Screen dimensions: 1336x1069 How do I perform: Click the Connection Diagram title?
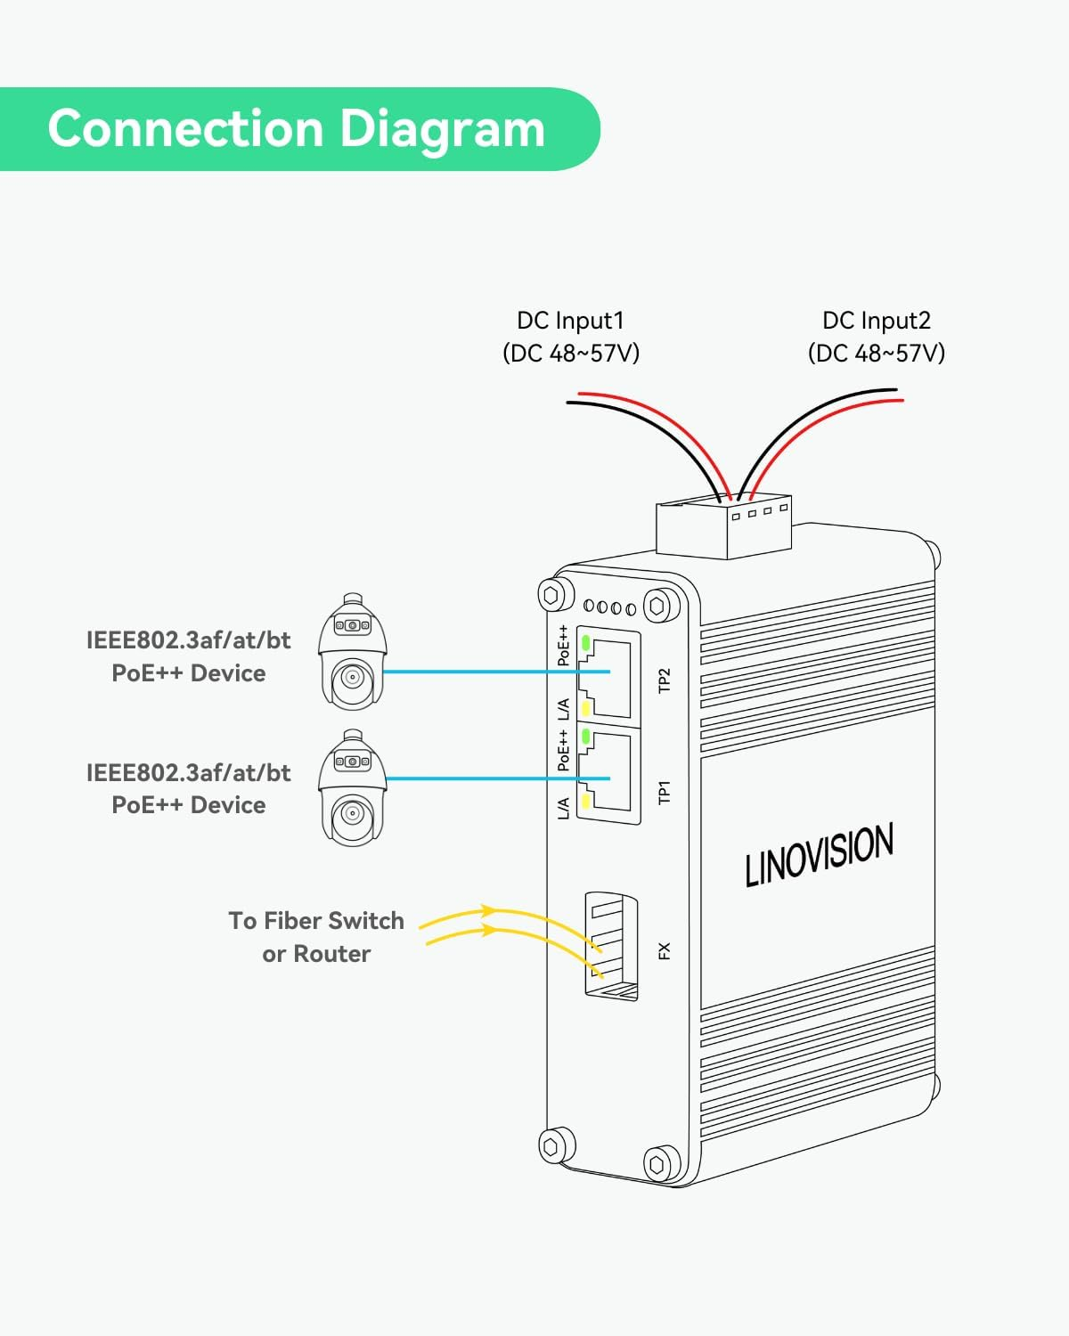tap(296, 128)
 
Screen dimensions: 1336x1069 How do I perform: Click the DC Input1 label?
tap(570, 321)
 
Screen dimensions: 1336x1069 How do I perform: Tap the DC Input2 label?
tap(876, 321)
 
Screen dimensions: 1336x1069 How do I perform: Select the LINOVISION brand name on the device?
tap(819, 854)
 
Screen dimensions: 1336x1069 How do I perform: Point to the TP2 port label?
tap(664, 680)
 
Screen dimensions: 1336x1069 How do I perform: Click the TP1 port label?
tap(664, 792)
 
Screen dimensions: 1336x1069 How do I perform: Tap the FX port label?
tap(664, 951)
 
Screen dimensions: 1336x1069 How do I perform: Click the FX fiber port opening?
tap(611, 946)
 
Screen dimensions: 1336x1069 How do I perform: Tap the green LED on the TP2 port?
tap(586, 641)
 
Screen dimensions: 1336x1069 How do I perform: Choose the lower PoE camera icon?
tap(353, 787)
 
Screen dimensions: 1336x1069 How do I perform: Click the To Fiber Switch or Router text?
tap(316, 937)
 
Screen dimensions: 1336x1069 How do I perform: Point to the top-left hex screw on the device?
tap(551, 594)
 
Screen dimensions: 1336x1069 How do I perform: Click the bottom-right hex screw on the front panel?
tap(657, 1163)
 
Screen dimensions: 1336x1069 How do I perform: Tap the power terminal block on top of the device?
tap(723, 527)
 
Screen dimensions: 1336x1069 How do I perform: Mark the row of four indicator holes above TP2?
tap(610, 607)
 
